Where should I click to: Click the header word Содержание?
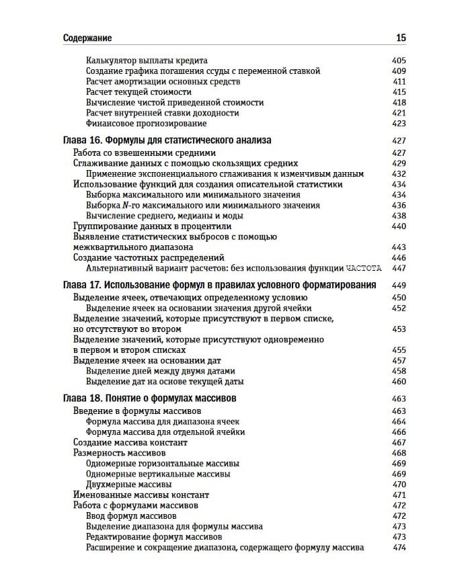coord(87,38)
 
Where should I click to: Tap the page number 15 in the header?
coord(400,38)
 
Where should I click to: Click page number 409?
coord(399,71)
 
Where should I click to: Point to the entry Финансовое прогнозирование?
coord(146,124)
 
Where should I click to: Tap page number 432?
coord(399,173)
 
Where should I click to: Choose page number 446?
coord(399,257)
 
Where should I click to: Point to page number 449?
coord(399,285)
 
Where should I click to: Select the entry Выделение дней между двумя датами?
coord(161,371)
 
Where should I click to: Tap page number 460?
coord(399,381)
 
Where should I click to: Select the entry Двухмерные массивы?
coord(128,484)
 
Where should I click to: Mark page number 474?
coord(399,547)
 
